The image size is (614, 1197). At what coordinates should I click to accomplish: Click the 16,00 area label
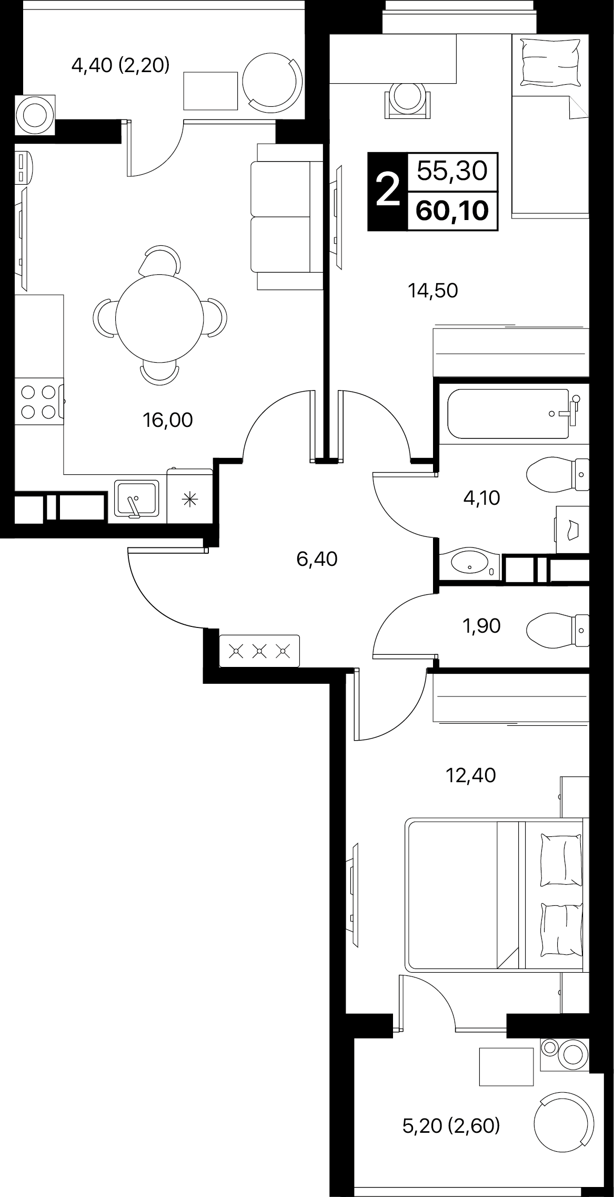click(168, 420)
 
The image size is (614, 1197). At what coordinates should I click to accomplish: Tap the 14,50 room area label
click(433, 290)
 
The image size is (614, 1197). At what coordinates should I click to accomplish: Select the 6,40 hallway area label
click(317, 558)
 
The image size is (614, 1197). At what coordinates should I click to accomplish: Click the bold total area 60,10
click(452, 211)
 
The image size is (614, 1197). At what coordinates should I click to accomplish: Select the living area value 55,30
click(452, 171)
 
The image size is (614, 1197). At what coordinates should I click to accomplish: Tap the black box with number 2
click(388, 191)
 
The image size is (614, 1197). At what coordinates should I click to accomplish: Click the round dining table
click(159, 317)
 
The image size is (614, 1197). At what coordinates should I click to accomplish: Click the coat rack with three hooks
click(259, 651)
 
